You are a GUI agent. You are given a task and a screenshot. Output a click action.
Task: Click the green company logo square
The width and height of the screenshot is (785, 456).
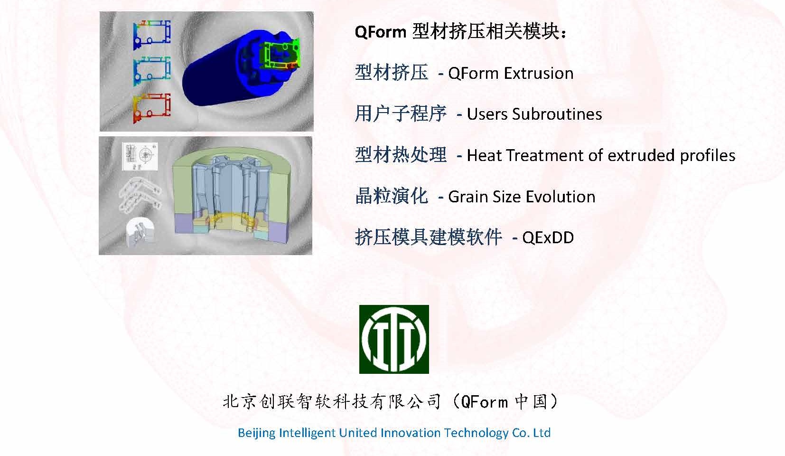[394, 339]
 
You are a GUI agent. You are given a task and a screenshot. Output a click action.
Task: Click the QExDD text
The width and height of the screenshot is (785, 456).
[548, 238]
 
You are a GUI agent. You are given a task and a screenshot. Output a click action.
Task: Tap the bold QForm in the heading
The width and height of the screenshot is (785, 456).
[380, 32]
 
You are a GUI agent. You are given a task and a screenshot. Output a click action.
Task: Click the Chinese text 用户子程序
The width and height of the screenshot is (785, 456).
[401, 114]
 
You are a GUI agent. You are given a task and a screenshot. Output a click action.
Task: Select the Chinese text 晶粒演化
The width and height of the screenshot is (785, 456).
[392, 196]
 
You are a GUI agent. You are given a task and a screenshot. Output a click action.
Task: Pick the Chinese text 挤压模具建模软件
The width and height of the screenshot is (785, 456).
[428, 237]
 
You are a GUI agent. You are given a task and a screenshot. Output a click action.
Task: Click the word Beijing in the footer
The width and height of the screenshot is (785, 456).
[257, 433]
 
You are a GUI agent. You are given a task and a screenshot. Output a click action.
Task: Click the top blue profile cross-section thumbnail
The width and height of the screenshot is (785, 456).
[152, 34]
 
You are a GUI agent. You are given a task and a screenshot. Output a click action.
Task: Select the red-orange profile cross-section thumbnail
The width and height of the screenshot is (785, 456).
[152, 108]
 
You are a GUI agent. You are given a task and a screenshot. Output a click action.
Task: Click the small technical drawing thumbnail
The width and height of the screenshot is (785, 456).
[140, 156]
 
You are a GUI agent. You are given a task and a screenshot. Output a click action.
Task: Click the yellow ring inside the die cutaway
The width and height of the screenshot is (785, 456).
[231, 218]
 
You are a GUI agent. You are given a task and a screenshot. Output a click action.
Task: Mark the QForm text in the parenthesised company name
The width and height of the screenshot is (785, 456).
[484, 402]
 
